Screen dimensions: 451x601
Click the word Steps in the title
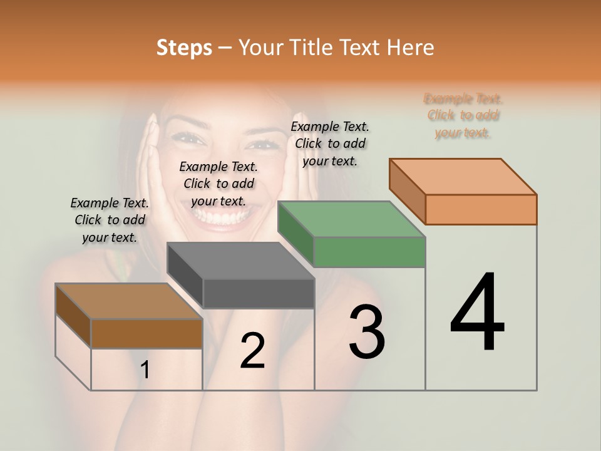pyautogui.click(x=183, y=48)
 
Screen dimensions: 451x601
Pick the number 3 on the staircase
pyautogui.click(x=367, y=332)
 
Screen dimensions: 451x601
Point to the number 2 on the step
pyautogui.click(x=252, y=351)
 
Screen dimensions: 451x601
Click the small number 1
pyautogui.click(x=145, y=370)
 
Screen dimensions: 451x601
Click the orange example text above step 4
pyautogui.click(x=463, y=115)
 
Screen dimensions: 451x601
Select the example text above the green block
pyautogui.click(x=330, y=143)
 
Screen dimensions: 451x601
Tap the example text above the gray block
pyautogui.click(x=218, y=184)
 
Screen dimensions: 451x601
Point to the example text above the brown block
pyautogui.click(x=110, y=220)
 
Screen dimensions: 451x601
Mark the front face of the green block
pyautogui.click(x=369, y=252)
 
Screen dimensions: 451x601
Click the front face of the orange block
pyautogui.click(x=481, y=209)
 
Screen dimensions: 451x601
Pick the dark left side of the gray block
pyautogui.click(x=185, y=276)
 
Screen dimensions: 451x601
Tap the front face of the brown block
pyautogui.click(x=146, y=333)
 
